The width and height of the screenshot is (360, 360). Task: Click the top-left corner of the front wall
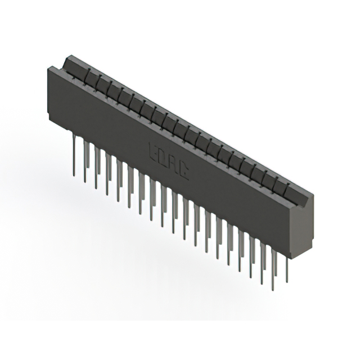click(x=47, y=67)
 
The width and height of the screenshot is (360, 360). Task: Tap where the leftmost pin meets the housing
click(x=75, y=136)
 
